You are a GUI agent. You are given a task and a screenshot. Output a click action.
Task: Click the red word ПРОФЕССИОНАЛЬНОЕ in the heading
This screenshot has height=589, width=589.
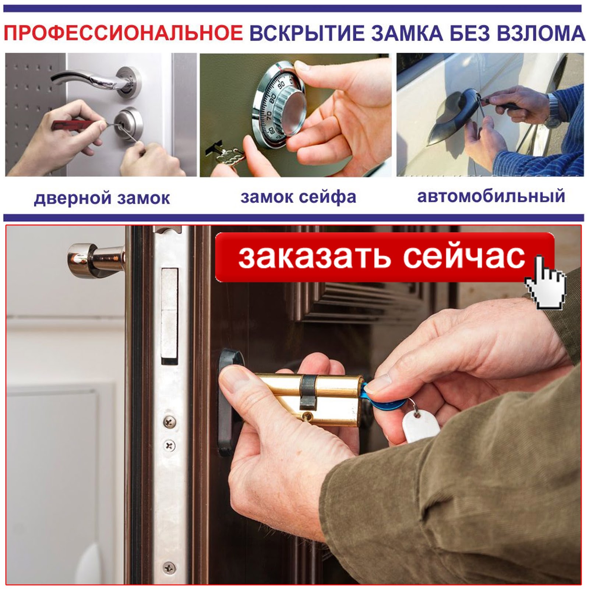click(123, 33)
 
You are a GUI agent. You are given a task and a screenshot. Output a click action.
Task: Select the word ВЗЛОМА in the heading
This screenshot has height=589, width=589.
click(541, 33)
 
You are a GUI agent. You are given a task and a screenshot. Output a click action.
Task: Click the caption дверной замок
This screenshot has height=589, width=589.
click(102, 198)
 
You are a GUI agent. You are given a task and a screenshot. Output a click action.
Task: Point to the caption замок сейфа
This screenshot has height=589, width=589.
click(298, 197)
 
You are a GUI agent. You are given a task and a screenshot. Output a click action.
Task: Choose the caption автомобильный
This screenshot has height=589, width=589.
click(491, 196)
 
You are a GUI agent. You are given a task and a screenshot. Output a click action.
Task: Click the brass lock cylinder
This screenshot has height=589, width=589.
click(309, 399)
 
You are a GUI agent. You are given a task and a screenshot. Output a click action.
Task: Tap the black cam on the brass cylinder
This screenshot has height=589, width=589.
click(308, 392)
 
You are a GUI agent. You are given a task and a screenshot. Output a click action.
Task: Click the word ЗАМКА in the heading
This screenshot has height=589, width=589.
click(407, 33)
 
